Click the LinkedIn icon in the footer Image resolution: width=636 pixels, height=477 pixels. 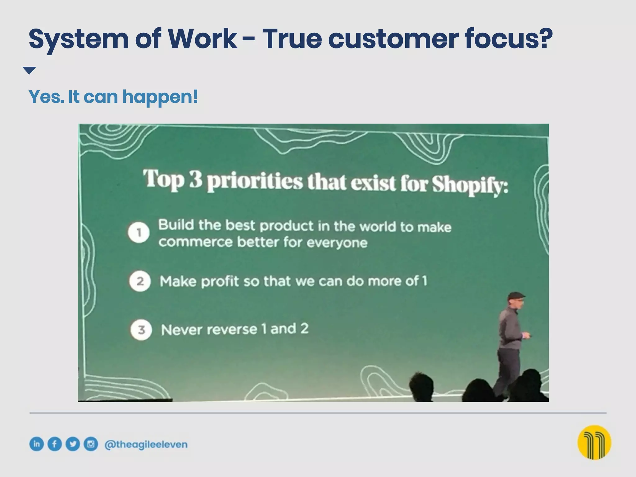(37, 444)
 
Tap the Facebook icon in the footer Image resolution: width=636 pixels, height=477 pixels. (55, 444)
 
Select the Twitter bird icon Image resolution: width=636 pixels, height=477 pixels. (73, 444)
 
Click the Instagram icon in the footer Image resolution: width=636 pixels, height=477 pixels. (91, 444)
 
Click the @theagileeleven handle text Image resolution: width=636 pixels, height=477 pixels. (146, 444)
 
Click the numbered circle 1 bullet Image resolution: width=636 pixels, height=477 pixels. (139, 232)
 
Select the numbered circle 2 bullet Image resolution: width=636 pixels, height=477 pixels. (140, 281)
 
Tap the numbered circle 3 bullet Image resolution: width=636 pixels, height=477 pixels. (141, 329)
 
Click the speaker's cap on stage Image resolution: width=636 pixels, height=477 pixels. (516, 296)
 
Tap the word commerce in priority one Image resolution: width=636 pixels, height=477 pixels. (195, 242)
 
